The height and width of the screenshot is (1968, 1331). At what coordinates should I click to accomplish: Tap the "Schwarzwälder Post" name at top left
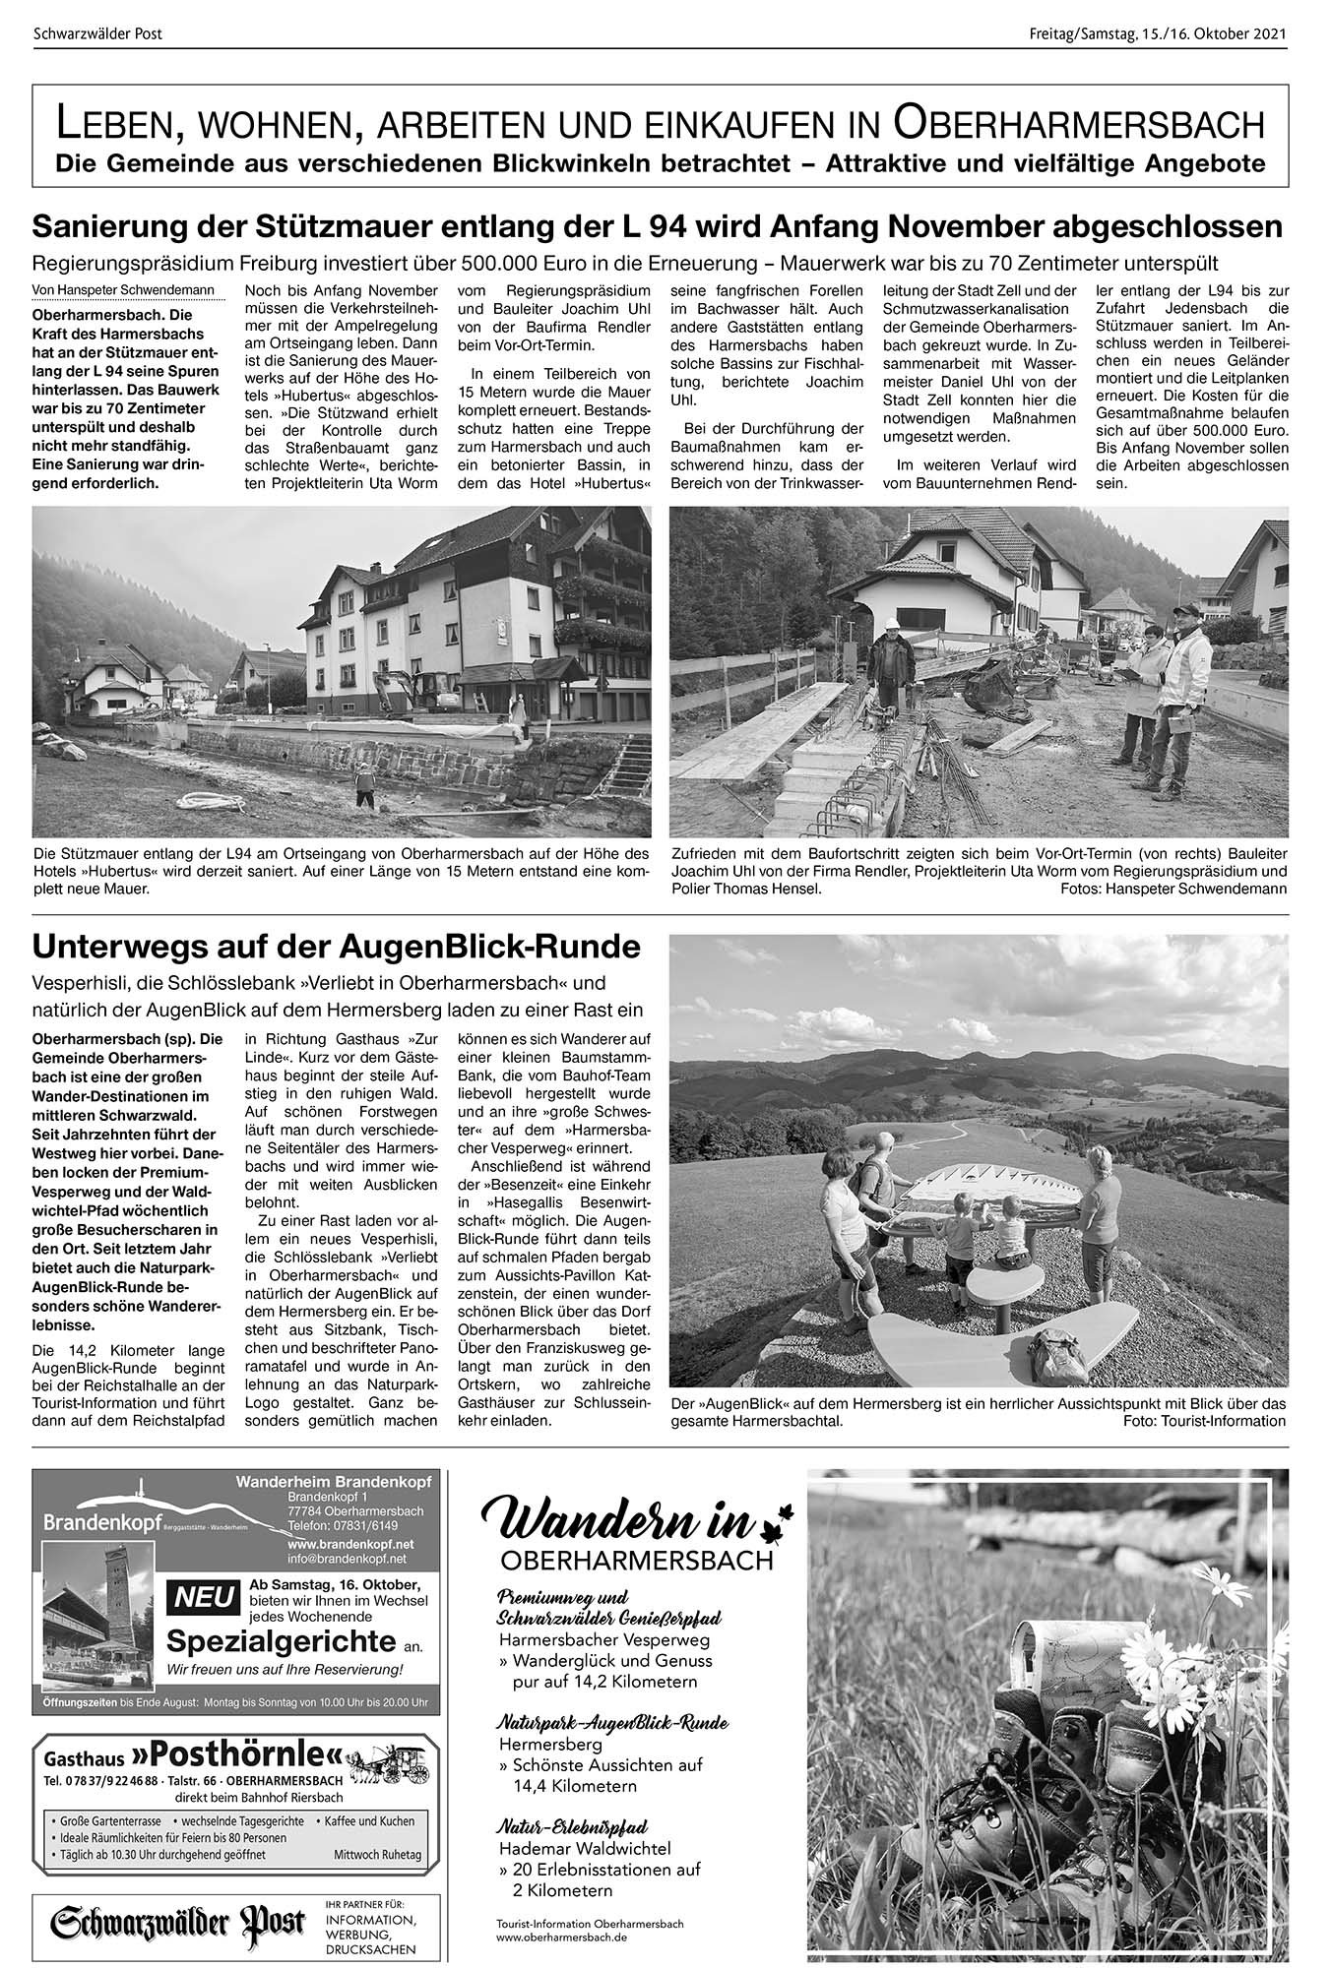click(97, 34)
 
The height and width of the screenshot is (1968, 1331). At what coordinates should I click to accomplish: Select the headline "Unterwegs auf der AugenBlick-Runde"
click(336, 948)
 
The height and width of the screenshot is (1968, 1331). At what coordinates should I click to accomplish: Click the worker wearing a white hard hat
click(892, 669)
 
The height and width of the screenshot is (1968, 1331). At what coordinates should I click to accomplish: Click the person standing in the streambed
click(365, 787)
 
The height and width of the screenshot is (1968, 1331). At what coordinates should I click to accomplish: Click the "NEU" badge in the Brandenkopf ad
click(201, 1596)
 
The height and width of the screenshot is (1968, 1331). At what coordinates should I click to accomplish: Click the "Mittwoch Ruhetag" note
click(378, 1854)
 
